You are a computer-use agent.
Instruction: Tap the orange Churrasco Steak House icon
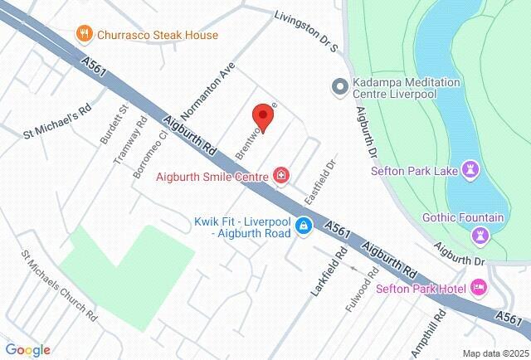83,35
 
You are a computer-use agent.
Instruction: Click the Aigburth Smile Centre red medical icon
281,175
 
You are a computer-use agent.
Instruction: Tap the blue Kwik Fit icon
304,226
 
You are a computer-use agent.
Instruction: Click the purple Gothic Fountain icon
480,236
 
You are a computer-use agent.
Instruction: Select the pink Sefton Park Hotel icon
478,289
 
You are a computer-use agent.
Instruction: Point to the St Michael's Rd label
56,119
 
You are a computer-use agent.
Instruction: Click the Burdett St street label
114,124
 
